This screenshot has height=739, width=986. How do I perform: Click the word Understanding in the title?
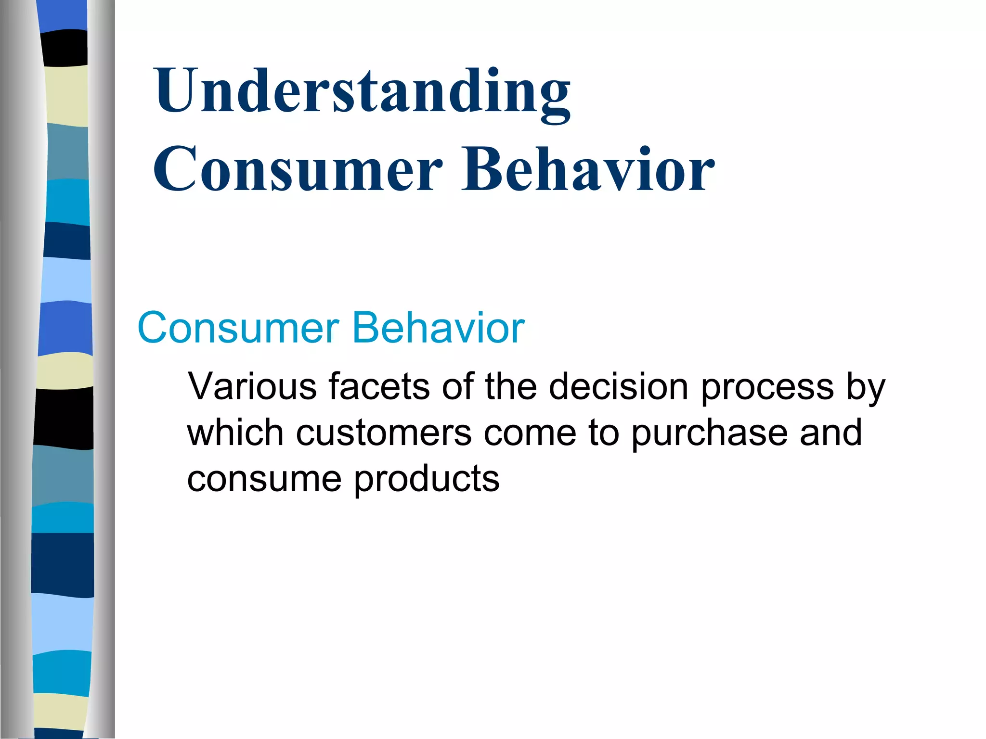(x=362, y=91)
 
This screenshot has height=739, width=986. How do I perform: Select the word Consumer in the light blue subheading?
(x=238, y=328)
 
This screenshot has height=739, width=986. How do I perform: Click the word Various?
(x=252, y=386)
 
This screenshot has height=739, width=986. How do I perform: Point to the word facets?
(x=379, y=386)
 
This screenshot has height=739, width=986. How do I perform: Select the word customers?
(x=383, y=433)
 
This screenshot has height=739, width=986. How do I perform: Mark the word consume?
(x=264, y=479)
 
